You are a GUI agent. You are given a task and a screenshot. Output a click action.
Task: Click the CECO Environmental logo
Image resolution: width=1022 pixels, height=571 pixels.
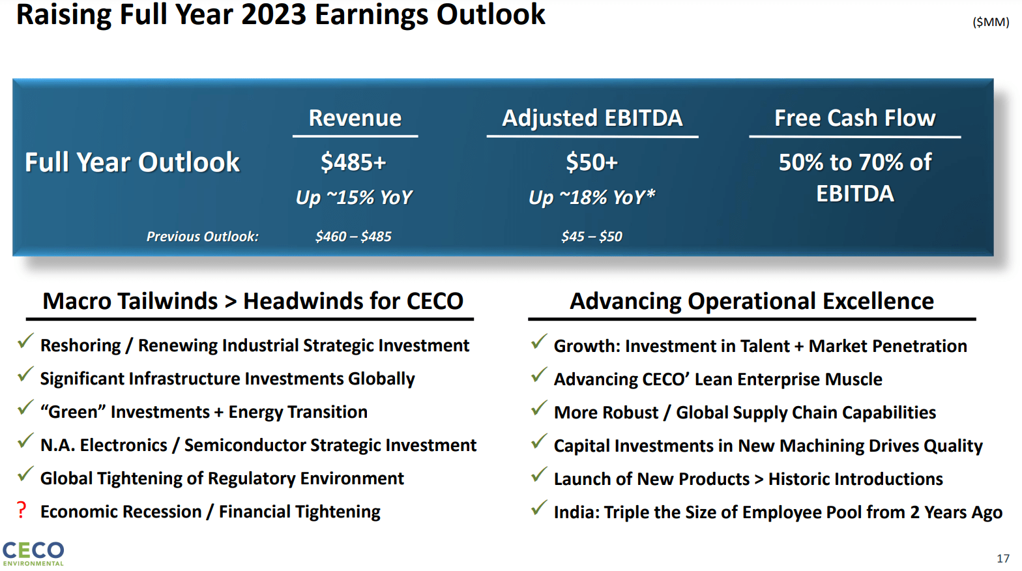click(x=33, y=553)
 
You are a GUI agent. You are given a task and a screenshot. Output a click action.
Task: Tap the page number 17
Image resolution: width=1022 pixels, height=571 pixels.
click(x=1002, y=559)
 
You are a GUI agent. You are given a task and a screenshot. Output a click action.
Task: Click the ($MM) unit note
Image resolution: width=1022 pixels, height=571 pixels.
click(x=991, y=22)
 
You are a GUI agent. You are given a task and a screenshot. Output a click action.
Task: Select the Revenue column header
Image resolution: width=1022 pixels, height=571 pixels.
click(x=355, y=118)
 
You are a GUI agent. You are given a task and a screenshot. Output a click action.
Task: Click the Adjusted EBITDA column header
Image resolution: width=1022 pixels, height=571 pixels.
click(x=592, y=118)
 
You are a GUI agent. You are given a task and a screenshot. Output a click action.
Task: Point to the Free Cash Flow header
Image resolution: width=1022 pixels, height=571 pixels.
click(x=854, y=118)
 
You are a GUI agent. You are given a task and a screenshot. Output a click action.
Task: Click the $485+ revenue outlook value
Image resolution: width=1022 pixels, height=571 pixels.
click(x=353, y=162)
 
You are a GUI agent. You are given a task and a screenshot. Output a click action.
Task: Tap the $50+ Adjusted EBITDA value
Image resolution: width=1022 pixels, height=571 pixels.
click(x=591, y=162)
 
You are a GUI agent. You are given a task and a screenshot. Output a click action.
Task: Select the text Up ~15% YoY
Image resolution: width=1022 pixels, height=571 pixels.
click(x=354, y=198)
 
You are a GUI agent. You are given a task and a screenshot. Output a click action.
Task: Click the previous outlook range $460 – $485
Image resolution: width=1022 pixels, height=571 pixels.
click(x=353, y=237)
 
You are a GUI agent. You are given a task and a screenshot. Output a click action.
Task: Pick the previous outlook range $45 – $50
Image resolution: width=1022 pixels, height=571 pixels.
click(x=591, y=237)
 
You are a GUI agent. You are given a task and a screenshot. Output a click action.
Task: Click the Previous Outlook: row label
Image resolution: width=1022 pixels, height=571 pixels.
click(x=202, y=237)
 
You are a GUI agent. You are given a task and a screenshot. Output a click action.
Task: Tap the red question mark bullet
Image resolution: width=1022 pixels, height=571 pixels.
click(x=22, y=510)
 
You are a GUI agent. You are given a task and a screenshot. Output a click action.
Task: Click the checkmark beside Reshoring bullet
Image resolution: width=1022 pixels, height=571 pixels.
click(x=25, y=341)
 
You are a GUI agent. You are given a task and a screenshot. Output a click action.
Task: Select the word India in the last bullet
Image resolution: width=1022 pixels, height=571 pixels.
click(x=576, y=512)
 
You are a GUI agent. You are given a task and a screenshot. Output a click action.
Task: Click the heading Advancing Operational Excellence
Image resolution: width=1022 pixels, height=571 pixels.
click(x=752, y=301)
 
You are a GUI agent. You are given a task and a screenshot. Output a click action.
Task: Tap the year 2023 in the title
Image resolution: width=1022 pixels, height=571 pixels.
click(x=274, y=15)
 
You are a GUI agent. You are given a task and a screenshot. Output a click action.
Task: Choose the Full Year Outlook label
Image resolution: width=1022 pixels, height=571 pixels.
click(x=132, y=162)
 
